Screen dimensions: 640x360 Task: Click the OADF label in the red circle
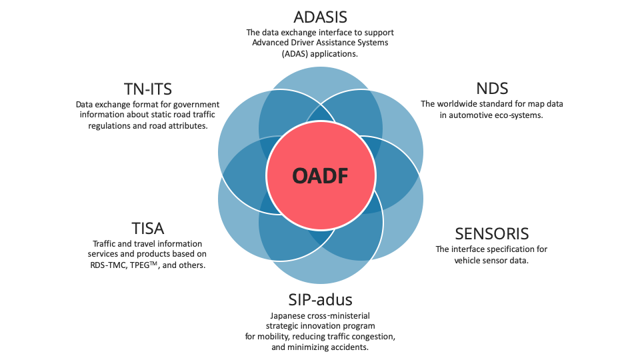point(321,176)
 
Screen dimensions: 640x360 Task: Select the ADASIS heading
point(321,17)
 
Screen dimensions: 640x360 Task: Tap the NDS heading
point(492,89)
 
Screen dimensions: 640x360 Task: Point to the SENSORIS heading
point(492,234)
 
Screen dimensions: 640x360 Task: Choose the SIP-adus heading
point(321,300)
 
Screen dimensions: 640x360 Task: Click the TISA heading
point(148,229)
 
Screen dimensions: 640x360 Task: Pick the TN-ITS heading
point(148,89)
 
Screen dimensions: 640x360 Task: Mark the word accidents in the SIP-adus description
point(350,347)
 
